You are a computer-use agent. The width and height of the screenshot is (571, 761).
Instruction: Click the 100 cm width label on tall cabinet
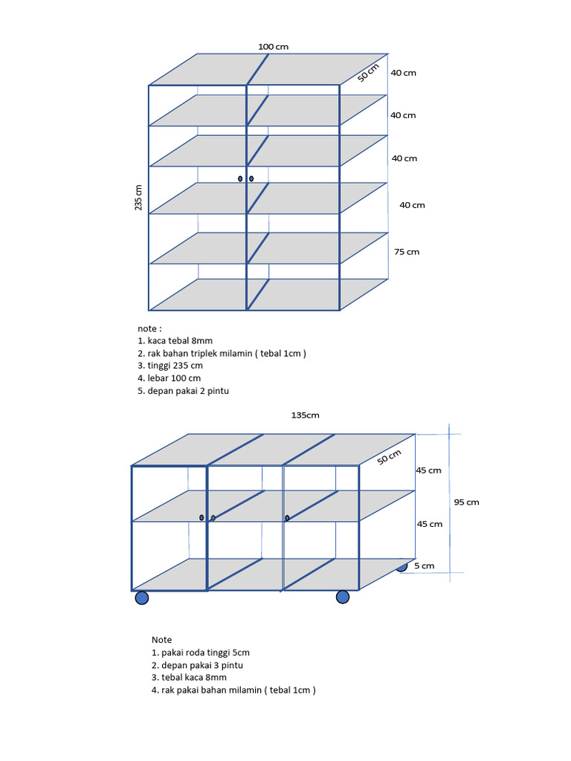274,47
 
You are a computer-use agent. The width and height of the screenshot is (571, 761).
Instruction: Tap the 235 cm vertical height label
138,198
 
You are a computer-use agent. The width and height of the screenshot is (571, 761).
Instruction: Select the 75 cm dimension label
407,251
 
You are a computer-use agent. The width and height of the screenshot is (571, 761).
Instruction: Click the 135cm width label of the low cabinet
306,415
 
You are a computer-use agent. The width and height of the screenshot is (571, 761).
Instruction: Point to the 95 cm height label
467,502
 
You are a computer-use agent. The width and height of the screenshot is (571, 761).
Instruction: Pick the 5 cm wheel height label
425,566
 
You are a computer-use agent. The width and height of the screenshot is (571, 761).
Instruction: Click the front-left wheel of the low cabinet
142,598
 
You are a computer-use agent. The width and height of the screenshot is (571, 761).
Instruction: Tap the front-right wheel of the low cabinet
343,597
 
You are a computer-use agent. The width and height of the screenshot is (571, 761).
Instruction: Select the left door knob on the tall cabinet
240,178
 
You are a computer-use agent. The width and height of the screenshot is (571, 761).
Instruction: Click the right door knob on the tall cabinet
251,178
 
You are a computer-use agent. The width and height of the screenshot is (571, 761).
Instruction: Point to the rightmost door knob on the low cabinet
287,518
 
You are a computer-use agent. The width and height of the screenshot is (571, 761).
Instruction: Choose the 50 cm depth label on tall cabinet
369,73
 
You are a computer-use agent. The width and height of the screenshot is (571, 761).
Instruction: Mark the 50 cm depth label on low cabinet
390,457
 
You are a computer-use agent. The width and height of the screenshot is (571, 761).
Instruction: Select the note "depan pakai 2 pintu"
188,391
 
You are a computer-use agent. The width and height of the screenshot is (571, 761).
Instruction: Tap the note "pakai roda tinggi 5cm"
205,652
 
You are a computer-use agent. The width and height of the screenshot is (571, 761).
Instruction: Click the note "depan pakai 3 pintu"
202,665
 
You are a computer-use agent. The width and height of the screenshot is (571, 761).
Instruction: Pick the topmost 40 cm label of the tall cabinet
404,73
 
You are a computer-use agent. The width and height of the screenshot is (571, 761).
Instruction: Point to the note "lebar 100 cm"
174,378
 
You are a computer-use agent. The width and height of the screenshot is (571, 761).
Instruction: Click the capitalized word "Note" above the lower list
161,640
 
